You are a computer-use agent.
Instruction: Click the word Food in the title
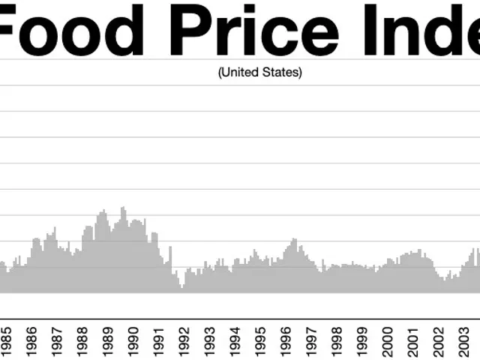[71, 31]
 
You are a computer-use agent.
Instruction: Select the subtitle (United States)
[259, 73]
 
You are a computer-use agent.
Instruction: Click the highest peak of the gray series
[124, 208]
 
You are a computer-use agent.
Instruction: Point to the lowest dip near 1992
[181, 287]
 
